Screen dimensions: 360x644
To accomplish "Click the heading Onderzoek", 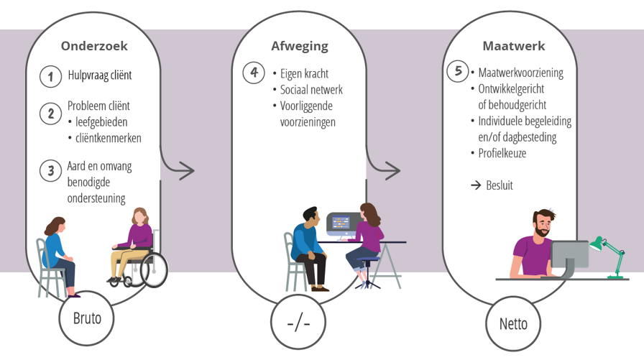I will (94, 46).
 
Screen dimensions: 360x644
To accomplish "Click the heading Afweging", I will (300, 46).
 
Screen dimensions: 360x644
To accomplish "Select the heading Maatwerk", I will (513, 46).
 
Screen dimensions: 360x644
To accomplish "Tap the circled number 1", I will (50, 76).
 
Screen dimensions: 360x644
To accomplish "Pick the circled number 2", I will (50, 113).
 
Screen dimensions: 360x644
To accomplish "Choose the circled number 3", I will (50, 170).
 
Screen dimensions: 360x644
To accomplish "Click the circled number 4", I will (254, 73).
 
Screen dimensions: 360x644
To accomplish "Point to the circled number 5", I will (458, 71).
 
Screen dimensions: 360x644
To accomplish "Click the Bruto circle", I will (88, 317).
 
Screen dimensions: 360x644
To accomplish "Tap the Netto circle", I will (513, 323).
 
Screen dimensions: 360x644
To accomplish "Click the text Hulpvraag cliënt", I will (100, 75).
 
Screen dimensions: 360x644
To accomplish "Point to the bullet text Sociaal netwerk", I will (311, 90).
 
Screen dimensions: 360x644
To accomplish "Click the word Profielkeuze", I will (502, 153).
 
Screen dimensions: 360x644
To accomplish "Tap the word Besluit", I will (500, 185).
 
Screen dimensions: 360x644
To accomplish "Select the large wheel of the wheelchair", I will (153, 269).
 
